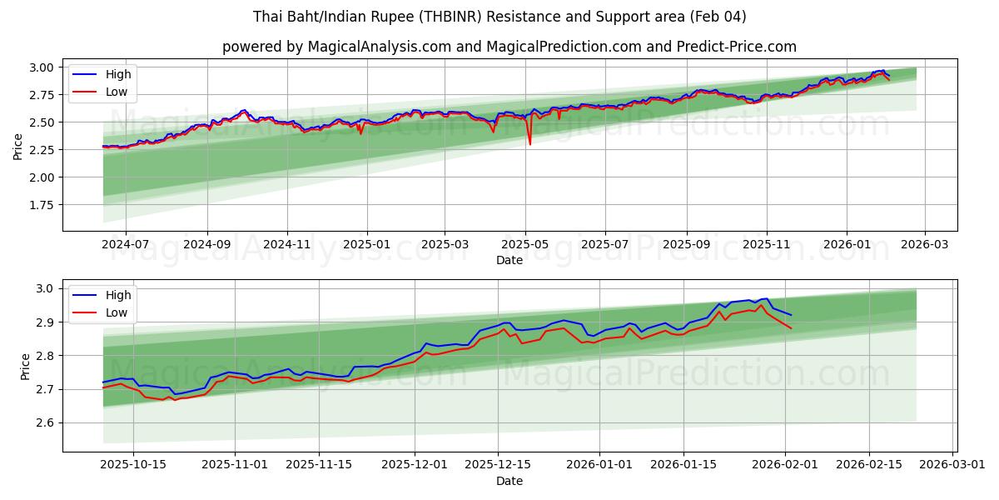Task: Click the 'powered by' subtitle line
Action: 509,47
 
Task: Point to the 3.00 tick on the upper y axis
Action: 41,67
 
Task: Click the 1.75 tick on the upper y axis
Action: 41,205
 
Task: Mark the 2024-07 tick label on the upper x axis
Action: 126,244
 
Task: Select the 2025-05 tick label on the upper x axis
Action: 524,244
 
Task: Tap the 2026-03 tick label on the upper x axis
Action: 924,244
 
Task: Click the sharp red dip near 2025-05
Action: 529,144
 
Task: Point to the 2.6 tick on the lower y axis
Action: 46,423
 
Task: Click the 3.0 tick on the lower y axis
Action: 46,288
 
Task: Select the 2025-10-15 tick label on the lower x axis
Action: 133,465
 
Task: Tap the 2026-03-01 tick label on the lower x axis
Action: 953,465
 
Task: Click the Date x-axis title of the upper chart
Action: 509,260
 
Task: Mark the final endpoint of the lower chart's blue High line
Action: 791,314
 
